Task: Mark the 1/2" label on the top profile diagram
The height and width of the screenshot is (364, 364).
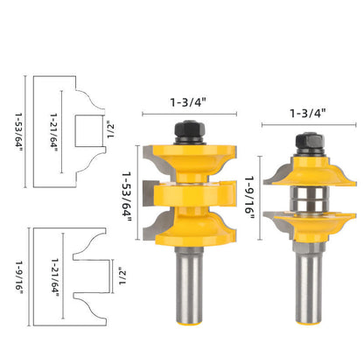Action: (108, 130)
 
